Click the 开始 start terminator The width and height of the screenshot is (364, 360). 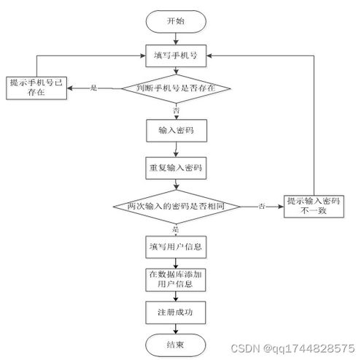coord(176,21)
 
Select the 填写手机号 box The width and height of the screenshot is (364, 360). coord(176,55)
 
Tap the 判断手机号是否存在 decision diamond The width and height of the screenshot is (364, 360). coord(176,88)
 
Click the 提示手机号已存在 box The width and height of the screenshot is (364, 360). coord(36,88)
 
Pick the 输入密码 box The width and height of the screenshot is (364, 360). coord(177,131)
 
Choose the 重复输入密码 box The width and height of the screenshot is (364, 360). coord(176,168)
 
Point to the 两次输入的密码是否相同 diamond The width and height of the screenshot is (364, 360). coord(177,207)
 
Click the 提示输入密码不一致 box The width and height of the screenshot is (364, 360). coord(314,207)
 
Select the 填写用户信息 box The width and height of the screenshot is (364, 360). coord(176,247)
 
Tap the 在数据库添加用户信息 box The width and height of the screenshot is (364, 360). coord(176,280)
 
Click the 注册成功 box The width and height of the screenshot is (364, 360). coord(176,313)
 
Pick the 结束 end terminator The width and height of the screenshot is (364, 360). coord(176,345)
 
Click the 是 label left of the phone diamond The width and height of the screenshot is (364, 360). coord(94,88)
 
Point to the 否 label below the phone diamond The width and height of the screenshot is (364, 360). coord(177,111)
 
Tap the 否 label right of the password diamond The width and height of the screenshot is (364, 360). coord(262,207)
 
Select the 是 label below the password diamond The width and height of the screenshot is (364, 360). coord(176,229)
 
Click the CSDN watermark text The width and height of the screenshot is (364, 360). coord(293,348)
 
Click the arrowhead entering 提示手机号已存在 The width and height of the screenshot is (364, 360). coord(70,88)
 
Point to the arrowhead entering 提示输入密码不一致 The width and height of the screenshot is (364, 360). coord(281,207)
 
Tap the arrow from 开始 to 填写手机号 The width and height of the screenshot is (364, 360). coord(176,39)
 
